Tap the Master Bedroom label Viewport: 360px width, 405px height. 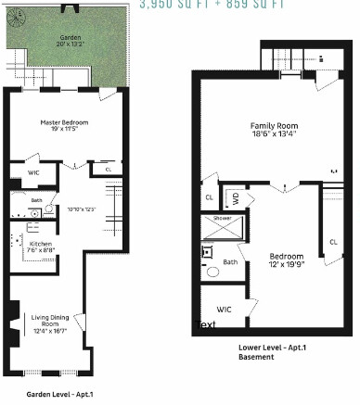pos(62,121)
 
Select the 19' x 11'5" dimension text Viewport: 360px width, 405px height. pos(62,130)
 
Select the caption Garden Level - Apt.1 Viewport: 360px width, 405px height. pos(59,394)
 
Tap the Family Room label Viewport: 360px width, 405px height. pos(273,125)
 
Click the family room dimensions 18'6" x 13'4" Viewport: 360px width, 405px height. pos(273,133)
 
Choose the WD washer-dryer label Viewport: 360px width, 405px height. pos(237,197)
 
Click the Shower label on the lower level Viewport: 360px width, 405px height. pos(223,218)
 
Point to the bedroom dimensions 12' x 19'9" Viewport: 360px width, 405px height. pos(286,263)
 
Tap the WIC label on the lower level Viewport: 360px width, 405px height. pos(224,309)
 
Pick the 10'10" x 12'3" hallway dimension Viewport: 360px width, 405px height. pos(83,209)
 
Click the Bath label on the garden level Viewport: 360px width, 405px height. pos(36,199)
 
